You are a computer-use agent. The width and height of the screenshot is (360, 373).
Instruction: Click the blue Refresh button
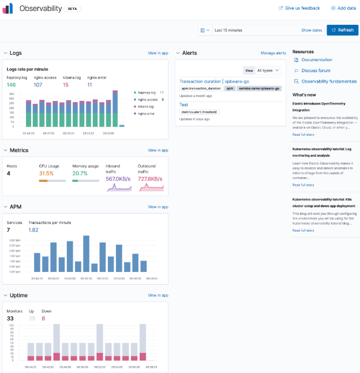point(342,30)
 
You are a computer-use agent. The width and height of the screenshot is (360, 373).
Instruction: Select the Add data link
point(343,8)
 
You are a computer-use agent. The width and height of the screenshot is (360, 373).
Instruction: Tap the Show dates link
point(312,30)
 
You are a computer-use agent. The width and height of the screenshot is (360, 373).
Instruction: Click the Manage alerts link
point(273,53)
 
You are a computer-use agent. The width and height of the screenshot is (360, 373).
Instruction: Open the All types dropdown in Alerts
point(268,70)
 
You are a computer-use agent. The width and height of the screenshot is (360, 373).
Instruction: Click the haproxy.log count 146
point(11,84)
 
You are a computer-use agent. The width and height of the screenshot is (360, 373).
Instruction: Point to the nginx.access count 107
point(37,84)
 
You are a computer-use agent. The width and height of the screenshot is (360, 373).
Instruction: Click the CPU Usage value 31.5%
point(46,173)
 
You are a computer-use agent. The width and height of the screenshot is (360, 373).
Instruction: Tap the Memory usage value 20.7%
point(80,173)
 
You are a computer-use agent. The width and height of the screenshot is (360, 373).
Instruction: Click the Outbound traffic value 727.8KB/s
point(151,179)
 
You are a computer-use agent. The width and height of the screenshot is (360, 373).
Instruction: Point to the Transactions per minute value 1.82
point(33,230)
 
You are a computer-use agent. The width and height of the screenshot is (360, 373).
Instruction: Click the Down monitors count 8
point(43,318)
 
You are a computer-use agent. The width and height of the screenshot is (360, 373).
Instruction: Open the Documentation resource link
point(317,60)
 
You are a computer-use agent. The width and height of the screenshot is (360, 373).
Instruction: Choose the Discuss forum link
point(316,70)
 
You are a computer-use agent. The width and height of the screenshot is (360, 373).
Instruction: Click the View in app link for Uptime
point(158,295)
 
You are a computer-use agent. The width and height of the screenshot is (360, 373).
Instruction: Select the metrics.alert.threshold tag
point(199,111)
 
